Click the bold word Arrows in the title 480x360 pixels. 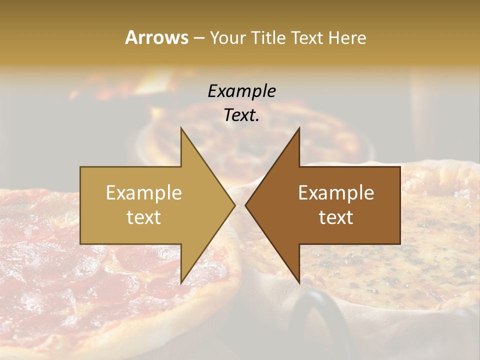coord(156,37)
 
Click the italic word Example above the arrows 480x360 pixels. coord(241,91)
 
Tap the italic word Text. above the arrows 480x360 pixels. coord(241,115)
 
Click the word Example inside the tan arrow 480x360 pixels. coord(144,192)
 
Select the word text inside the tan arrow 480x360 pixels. coord(144,217)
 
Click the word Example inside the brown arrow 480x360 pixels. coord(336,192)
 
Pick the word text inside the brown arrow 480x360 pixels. coord(336,217)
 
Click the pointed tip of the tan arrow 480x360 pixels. coord(234,205)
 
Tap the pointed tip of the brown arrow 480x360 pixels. coord(245,205)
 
